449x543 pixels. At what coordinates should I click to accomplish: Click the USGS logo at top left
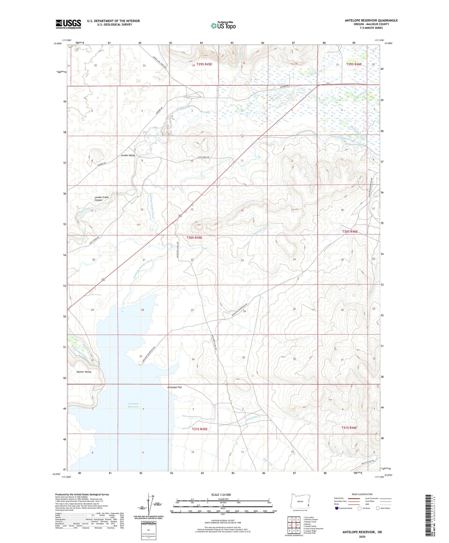68,24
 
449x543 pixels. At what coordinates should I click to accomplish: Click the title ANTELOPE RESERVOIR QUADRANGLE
371,20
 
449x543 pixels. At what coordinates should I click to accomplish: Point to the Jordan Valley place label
128,155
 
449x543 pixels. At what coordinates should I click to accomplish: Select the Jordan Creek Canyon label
101,199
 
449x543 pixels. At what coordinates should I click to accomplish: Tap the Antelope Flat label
175,387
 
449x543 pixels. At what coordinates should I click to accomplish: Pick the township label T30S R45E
194,238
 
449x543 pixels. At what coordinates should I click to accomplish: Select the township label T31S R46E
349,428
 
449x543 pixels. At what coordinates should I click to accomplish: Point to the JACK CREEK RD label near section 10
203,157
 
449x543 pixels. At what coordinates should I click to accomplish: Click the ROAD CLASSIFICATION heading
362,494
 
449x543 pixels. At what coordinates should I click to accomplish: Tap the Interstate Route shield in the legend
336,508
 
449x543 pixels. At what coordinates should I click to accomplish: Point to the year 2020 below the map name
362,536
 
